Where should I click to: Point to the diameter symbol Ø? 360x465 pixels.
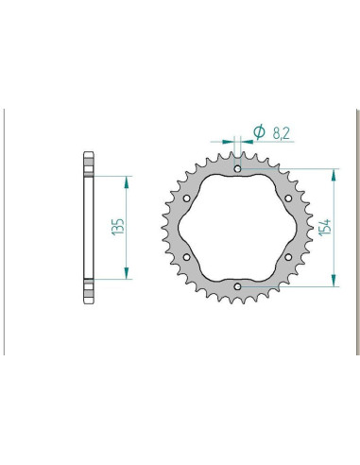point(257,133)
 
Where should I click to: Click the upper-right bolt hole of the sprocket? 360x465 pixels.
point(287,198)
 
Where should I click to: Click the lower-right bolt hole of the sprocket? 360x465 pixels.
point(287,256)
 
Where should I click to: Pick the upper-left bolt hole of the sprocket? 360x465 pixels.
point(187,198)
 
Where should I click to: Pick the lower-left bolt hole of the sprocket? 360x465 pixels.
point(187,256)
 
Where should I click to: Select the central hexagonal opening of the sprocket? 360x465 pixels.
point(237,228)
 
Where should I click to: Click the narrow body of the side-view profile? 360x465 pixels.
point(91,227)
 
